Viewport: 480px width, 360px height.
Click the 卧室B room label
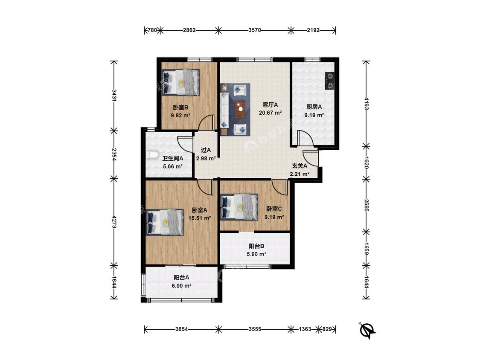click(180, 107)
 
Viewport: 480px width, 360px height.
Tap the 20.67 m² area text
click(270, 113)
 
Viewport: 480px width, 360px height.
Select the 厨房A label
click(314, 107)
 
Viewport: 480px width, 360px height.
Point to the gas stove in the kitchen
click(330, 81)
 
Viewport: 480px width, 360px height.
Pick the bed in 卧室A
click(165, 222)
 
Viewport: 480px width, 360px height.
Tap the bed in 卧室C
click(239, 207)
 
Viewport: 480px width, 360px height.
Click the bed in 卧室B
click(180, 82)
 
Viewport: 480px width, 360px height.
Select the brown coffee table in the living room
click(240, 109)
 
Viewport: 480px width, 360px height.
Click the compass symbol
click(367, 330)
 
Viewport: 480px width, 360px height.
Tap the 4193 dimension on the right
click(366, 104)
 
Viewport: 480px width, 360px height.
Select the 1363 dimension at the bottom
click(305, 329)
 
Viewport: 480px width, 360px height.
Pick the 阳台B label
click(256, 246)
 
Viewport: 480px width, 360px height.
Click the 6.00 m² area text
click(181, 286)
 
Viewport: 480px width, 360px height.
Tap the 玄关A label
click(300, 165)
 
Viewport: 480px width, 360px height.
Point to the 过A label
click(206, 150)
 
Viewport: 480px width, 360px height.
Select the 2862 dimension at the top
click(189, 30)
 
